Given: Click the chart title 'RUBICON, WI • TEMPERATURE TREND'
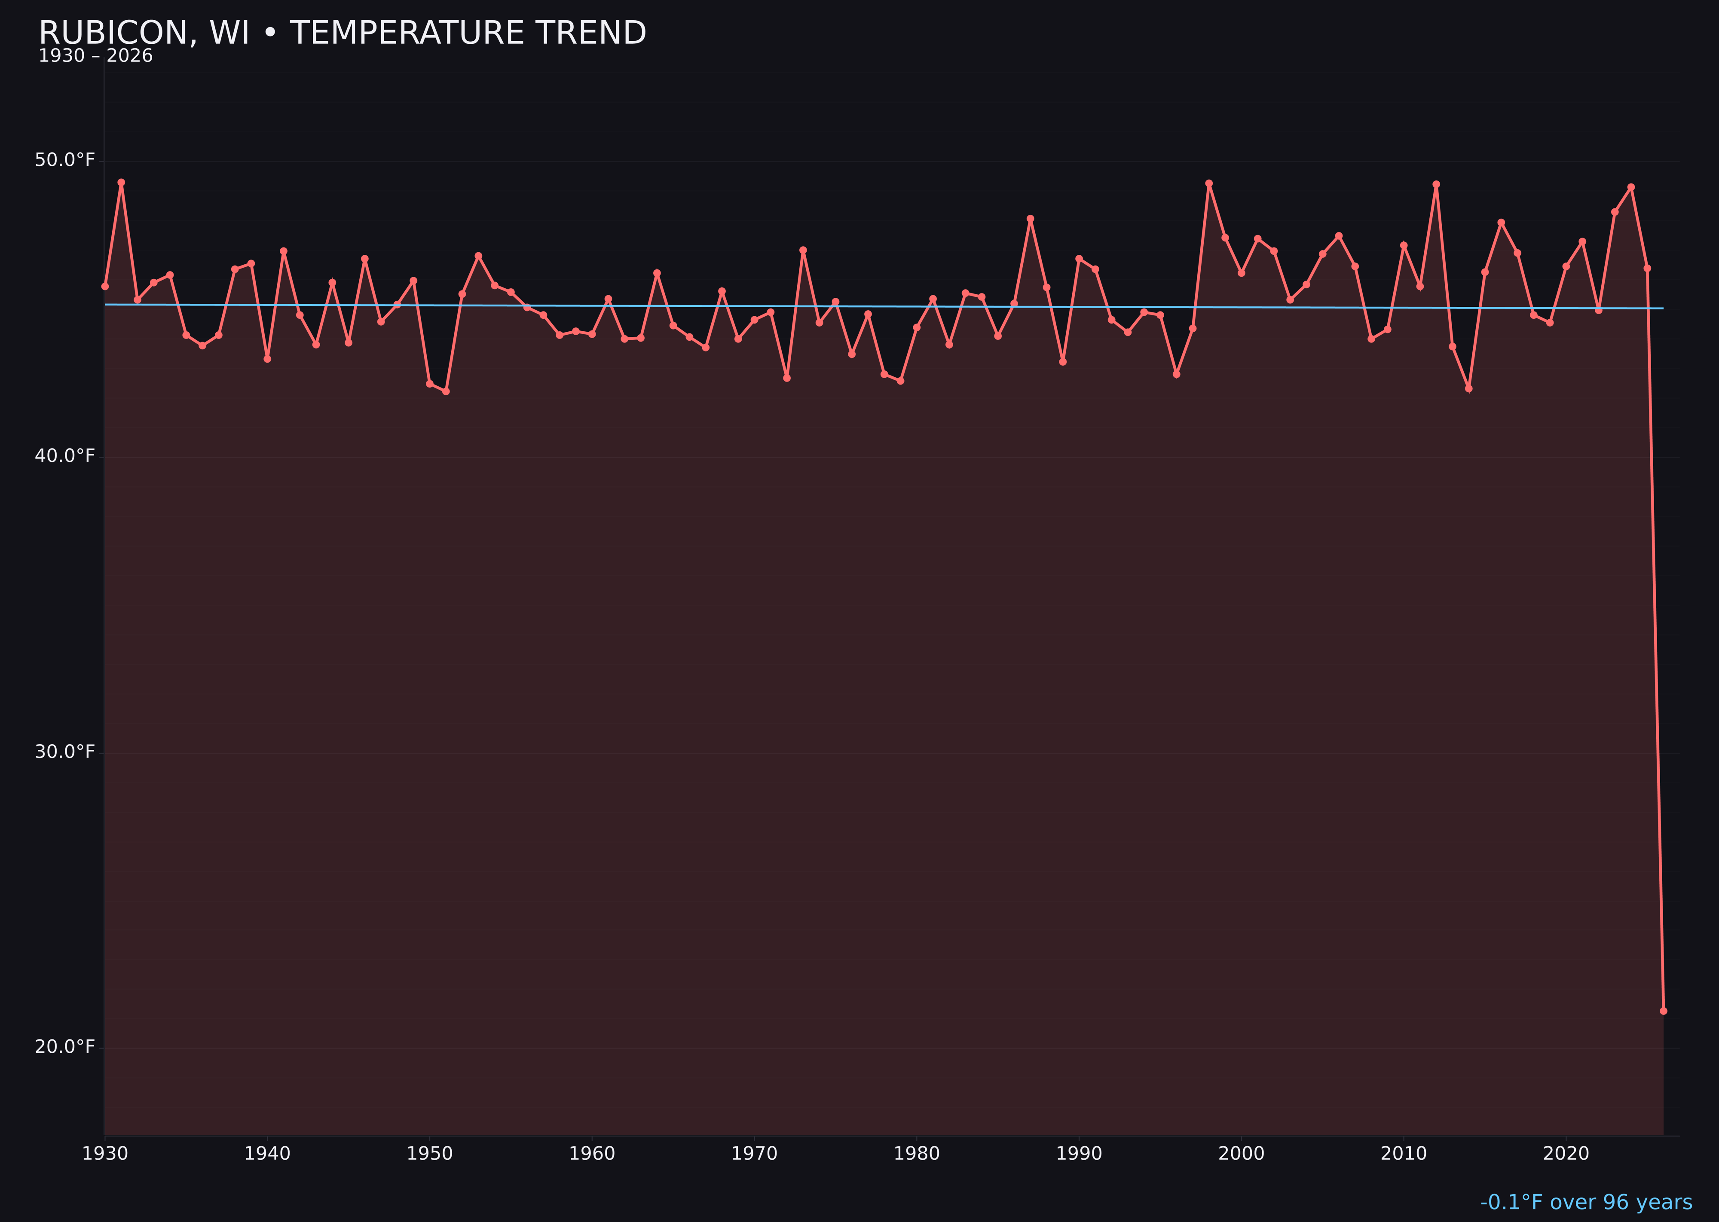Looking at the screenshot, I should pyautogui.click(x=343, y=33).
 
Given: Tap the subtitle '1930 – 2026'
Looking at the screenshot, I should pyautogui.click(x=95, y=56).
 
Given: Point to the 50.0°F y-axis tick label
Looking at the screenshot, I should pyautogui.click(x=65, y=160).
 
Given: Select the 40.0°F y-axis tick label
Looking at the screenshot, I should pyautogui.click(x=65, y=456).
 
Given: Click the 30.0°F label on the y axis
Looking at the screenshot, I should pyautogui.click(x=65, y=752).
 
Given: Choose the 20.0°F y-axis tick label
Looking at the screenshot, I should pyautogui.click(x=65, y=1047).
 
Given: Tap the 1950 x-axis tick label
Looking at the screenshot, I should pyautogui.click(x=430, y=1154).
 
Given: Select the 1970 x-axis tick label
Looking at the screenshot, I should pyautogui.click(x=754, y=1154).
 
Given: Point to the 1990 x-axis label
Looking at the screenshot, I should pyautogui.click(x=1079, y=1154).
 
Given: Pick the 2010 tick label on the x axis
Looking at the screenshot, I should pyautogui.click(x=1404, y=1154).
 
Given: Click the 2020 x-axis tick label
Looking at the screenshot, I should pyautogui.click(x=1566, y=1154).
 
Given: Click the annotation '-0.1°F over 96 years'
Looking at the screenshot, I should pyautogui.click(x=1586, y=1202).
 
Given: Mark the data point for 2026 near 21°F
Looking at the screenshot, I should pyautogui.click(x=1663, y=1011).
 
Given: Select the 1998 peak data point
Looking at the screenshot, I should pyautogui.click(x=1209, y=183).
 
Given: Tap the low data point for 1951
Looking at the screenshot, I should pyautogui.click(x=446, y=391).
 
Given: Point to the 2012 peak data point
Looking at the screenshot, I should pyautogui.click(x=1436, y=183).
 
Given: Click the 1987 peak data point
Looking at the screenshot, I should pyautogui.click(x=1031, y=219).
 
